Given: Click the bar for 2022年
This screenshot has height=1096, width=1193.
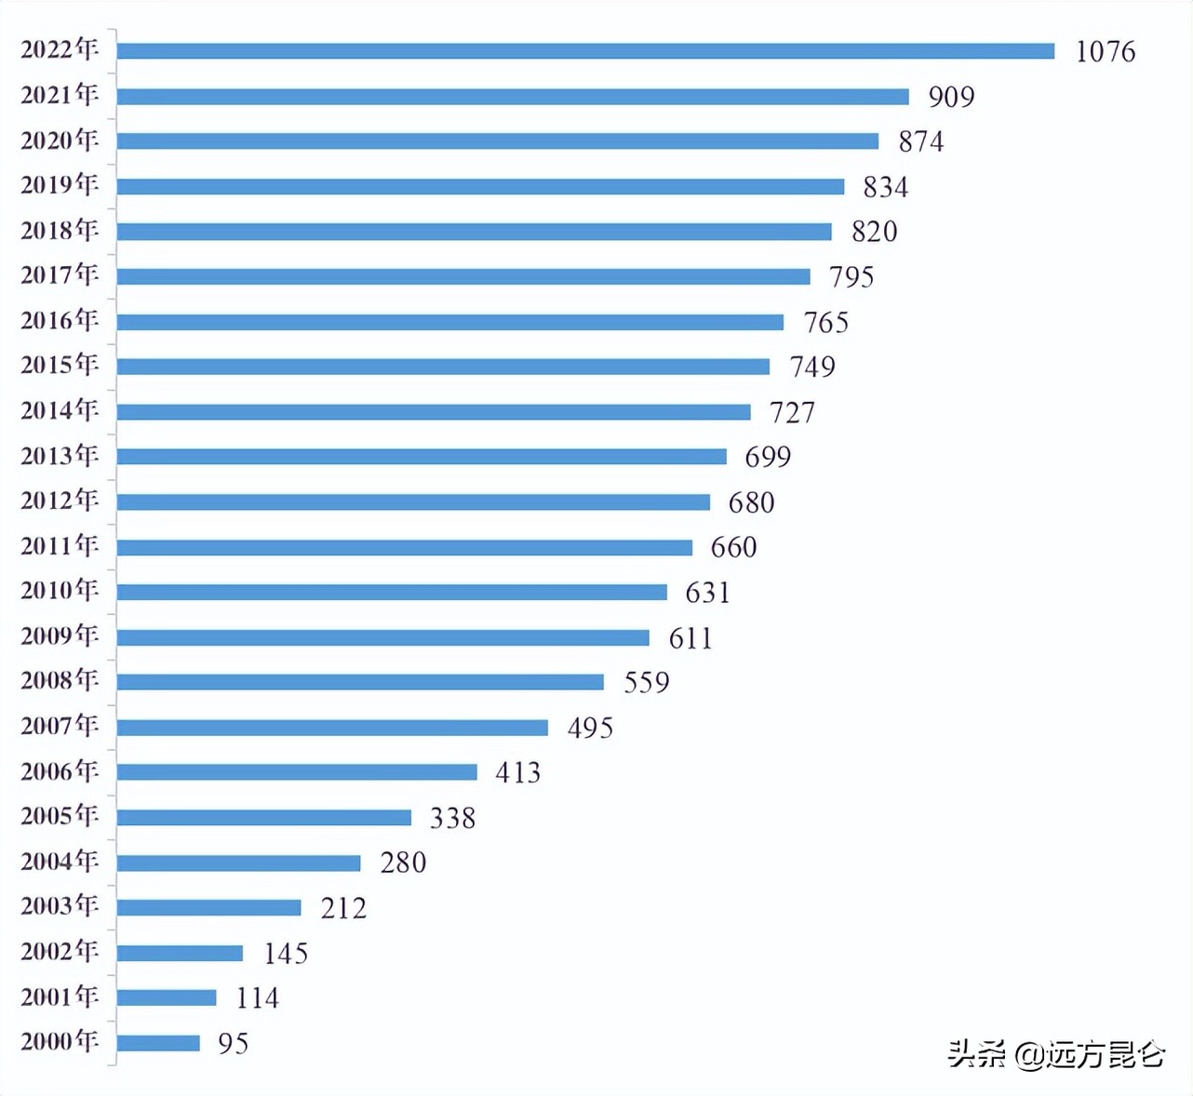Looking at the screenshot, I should (x=585, y=51).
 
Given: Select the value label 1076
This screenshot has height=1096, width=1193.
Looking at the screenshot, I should (x=1105, y=51).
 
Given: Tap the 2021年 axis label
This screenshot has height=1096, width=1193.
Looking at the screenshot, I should (x=60, y=95).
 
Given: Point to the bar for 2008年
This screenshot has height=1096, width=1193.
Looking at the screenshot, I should (x=360, y=682).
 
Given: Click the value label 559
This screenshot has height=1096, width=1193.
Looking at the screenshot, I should (x=646, y=682).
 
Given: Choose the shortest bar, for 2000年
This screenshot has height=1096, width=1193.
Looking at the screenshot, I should (x=158, y=1043).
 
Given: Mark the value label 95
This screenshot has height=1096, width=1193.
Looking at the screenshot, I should (x=233, y=1044).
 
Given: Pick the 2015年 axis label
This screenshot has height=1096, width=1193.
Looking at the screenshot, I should (x=60, y=365).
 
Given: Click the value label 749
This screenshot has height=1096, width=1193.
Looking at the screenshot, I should (x=811, y=367).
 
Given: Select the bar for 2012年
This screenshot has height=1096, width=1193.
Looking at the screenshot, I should (x=413, y=502).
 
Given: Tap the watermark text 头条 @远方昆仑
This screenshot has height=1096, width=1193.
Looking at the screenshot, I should (x=1055, y=1054).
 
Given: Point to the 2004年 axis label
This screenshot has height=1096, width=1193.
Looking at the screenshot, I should (x=60, y=861).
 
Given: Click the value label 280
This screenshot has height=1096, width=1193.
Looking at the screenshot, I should (x=403, y=862).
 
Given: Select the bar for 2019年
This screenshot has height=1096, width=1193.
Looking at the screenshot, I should (x=480, y=187).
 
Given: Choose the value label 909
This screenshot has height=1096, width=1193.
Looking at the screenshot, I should (x=950, y=97).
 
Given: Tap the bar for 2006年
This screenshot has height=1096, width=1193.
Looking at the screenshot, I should (x=297, y=772).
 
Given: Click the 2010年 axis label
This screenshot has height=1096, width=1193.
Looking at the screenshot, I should (x=60, y=590).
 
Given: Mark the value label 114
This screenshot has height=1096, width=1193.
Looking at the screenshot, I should (x=257, y=998).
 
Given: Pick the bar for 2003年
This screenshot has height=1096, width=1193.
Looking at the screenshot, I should (x=208, y=907).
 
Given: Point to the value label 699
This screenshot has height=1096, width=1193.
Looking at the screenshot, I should (x=767, y=457).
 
